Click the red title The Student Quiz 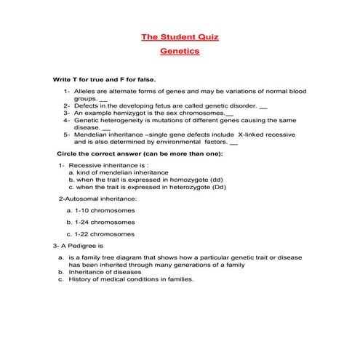(x=180, y=36)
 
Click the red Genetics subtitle (x=180, y=52)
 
